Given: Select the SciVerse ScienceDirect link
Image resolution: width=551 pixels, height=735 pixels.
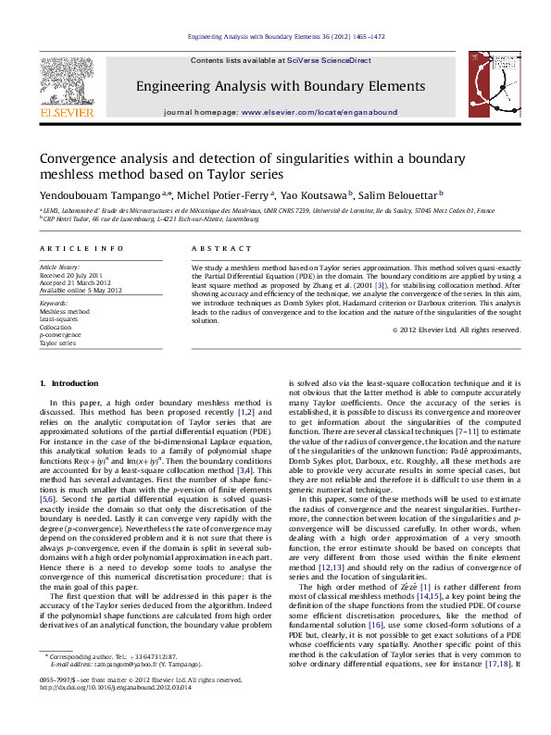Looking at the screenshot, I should pyautogui.click(x=329, y=60).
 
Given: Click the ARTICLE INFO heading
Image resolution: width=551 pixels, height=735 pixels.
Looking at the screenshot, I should pyautogui.click(x=81, y=249).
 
